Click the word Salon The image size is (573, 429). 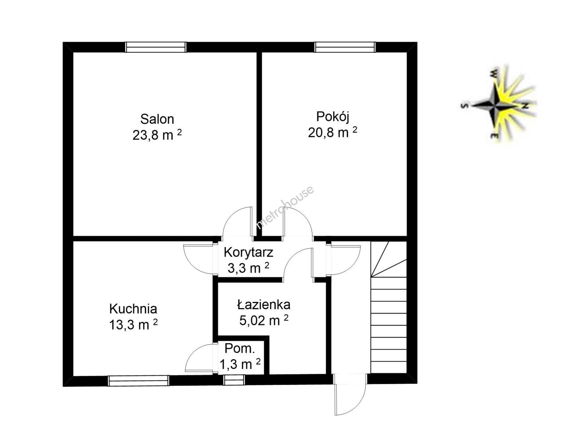pyautogui.click(x=157, y=119)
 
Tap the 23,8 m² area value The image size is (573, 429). pyautogui.click(x=157, y=135)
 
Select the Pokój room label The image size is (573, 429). pyautogui.click(x=333, y=117)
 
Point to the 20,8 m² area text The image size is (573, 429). pyautogui.click(x=333, y=132)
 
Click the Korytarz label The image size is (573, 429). pyautogui.click(x=249, y=252)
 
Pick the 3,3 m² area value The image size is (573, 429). pyautogui.click(x=249, y=268)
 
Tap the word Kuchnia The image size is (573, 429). pyautogui.click(x=133, y=309)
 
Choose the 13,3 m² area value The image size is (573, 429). pyautogui.click(x=133, y=325)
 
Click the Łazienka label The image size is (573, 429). pyautogui.click(x=264, y=305)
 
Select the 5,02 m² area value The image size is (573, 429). pyautogui.click(x=264, y=320)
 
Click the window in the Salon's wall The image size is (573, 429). pyautogui.click(x=156, y=47)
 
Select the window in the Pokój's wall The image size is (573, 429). pyautogui.click(x=345, y=47)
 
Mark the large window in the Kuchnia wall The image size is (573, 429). pyautogui.click(x=138, y=381)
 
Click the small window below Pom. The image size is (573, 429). pyautogui.click(x=234, y=380)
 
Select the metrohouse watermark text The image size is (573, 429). pyautogui.click(x=285, y=207)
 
